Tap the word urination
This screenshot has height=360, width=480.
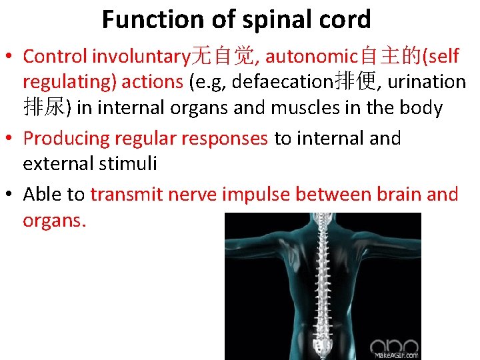point(427,81)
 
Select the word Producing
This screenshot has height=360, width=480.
point(66,139)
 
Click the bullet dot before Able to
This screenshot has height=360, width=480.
point(12,195)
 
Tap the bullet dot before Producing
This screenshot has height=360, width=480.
point(12,139)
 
